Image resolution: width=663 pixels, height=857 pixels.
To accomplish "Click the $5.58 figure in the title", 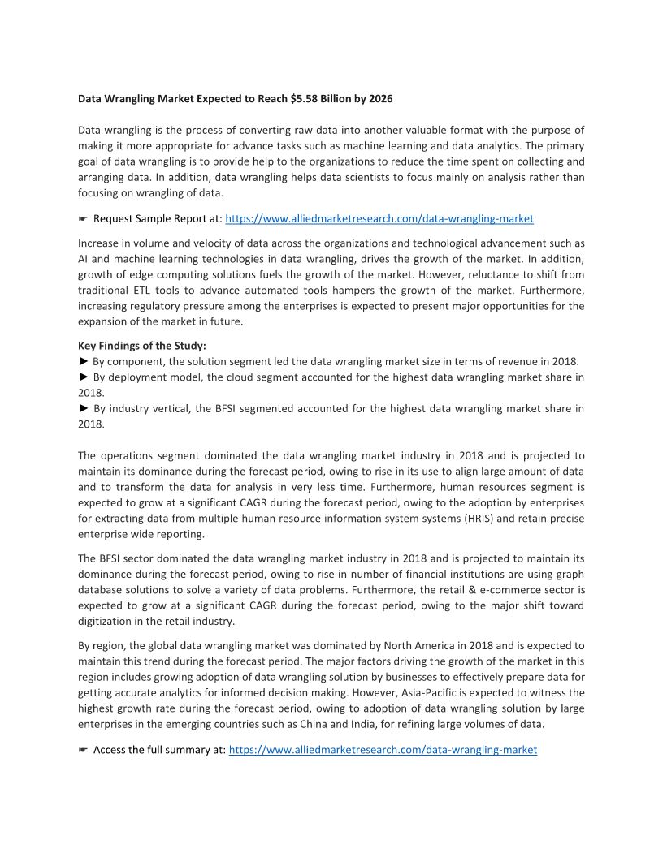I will click(x=304, y=99).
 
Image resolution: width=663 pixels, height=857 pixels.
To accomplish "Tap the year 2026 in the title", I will click(x=380, y=99).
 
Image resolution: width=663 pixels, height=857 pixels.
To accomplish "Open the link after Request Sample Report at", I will click(x=379, y=219).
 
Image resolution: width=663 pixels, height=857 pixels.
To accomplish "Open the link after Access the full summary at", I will click(x=383, y=750).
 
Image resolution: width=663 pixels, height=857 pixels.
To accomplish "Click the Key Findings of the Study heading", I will click(x=142, y=346).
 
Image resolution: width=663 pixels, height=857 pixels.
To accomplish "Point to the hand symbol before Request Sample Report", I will click(x=83, y=219).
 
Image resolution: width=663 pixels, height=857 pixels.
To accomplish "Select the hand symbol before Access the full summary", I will click(x=83, y=750).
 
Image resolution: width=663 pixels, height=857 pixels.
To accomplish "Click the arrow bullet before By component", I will click(x=83, y=361).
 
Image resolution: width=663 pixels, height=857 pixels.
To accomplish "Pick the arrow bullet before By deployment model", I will click(x=83, y=377).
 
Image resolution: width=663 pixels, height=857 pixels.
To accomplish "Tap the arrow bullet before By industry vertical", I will click(x=83, y=409).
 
